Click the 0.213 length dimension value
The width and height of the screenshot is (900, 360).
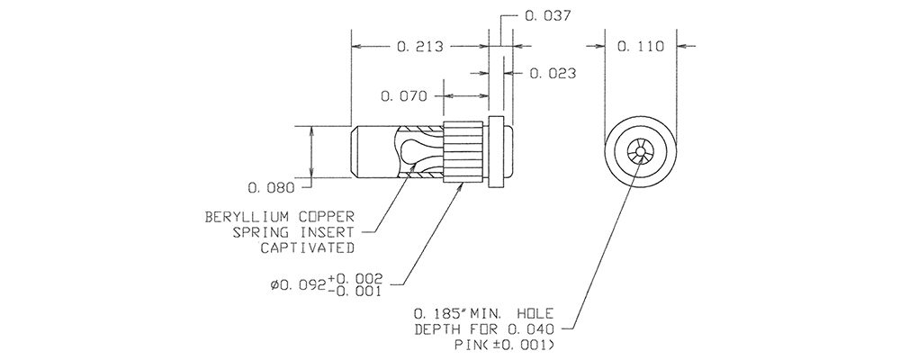coord(420,46)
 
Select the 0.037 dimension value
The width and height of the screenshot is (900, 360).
coord(548,16)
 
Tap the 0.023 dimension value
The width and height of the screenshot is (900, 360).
coord(553,74)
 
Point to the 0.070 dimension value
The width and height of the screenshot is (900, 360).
coord(404,96)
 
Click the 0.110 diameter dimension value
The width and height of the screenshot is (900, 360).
coord(641,46)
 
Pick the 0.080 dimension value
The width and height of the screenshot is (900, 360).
coord(271,188)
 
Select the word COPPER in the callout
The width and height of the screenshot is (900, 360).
coord(326,217)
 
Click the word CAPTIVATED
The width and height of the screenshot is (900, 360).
coord(307,248)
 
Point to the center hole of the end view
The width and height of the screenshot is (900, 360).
coord(641,151)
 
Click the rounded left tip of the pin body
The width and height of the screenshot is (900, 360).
coord(353,152)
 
